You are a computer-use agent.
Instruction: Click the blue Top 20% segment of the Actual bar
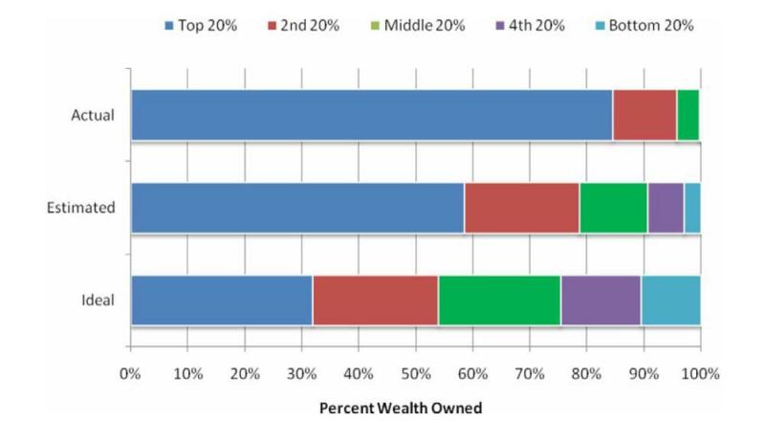pos(371,115)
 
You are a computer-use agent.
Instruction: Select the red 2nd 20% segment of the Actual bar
pos(645,115)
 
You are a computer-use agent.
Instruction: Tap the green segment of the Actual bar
pos(688,115)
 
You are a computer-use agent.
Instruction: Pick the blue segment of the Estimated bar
pos(297,208)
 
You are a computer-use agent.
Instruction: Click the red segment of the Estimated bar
pos(522,208)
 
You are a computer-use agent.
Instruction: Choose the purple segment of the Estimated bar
pos(666,208)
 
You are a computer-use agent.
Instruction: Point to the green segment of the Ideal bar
pos(499,299)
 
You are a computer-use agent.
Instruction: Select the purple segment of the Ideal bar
pos(601,299)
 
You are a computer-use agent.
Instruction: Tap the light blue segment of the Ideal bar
pos(670,299)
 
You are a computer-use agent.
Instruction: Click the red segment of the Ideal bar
pos(376,299)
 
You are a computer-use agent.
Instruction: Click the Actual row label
pos(93,116)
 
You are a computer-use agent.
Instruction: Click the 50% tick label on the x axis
pos(415,373)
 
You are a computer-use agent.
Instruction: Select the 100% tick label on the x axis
pos(700,373)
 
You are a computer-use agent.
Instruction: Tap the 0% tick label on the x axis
pos(131,373)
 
